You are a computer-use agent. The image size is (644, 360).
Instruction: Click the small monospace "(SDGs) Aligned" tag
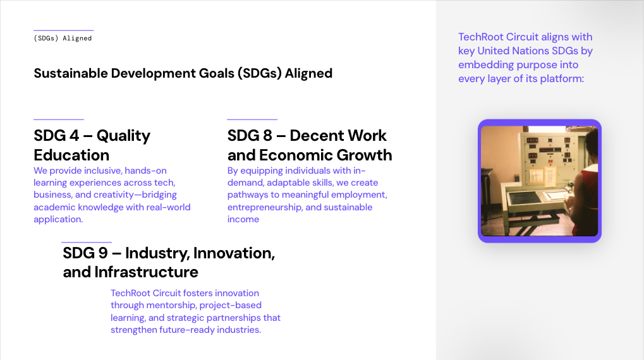coord(63,38)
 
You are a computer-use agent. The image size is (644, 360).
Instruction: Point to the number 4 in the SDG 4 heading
coord(74,135)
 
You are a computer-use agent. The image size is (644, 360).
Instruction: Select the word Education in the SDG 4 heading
coord(71,155)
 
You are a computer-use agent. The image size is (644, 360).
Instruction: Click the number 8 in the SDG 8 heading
coord(267,135)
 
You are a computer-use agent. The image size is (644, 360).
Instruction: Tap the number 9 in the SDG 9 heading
coord(103,253)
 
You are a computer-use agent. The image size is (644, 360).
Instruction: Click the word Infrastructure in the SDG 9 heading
coord(146,272)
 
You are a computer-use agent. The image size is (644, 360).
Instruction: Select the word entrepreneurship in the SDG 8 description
coord(265,207)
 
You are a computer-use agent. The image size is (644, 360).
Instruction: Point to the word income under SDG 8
coord(243,219)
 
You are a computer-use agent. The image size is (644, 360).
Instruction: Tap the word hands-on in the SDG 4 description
coord(145,171)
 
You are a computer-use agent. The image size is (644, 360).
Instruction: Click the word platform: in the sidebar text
coord(562,79)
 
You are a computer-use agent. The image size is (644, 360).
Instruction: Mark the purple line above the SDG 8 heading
coord(252,119)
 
